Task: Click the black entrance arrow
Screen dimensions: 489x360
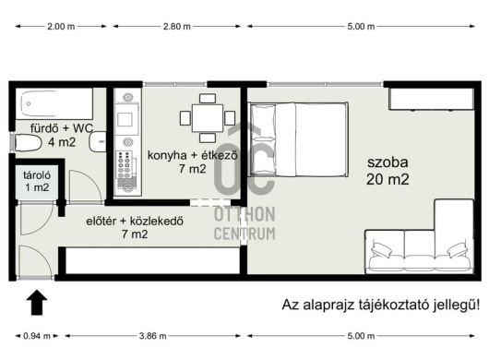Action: pyautogui.click(x=37, y=302)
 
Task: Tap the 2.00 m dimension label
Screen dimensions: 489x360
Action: pyautogui.click(x=61, y=27)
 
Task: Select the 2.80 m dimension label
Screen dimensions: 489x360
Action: pyautogui.click(x=176, y=27)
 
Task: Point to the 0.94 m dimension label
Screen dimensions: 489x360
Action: pyautogui.click(x=37, y=336)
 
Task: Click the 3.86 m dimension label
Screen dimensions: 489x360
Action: pyautogui.click(x=152, y=336)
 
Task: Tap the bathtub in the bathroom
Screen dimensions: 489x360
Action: pyautogui.click(x=54, y=103)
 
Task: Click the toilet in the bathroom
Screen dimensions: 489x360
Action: pyautogui.click(x=28, y=143)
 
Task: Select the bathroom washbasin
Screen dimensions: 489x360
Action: pyautogui.click(x=98, y=142)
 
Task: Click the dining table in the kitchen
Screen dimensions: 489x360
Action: pyautogui.click(x=208, y=118)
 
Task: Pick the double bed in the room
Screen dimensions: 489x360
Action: pyautogui.click(x=298, y=139)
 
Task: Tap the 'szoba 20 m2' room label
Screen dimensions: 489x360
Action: pyautogui.click(x=388, y=171)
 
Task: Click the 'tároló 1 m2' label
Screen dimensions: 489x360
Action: pyautogui.click(x=37, y=181)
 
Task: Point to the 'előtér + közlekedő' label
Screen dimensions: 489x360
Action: pyautogui.click(x=135, y=222)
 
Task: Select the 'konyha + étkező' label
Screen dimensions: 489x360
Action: pyautogui.click(x=193, y=155)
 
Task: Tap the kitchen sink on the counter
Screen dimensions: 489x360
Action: pyautogui.click(x=125, y=119)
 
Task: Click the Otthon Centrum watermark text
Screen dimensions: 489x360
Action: pyautogui.click(x=244, y=223)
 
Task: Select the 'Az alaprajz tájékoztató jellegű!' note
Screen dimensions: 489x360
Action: pyautogui.click(x=381, y=305)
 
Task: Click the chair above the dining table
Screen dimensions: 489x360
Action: pyautogui.click(x=208, y=98)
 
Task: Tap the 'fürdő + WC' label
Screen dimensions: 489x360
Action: pyautogui.click(x=62, y=128)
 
